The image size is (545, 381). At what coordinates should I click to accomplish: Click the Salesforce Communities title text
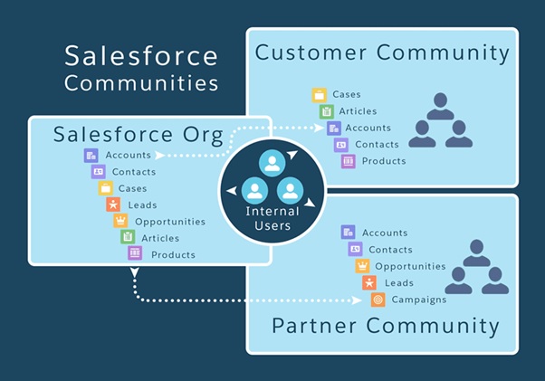tap(141, 69)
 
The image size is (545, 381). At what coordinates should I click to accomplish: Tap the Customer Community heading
tap(382, 52)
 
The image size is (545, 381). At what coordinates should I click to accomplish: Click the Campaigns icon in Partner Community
tap(378, 300)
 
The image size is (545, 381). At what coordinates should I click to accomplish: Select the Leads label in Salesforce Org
tap(142, 205)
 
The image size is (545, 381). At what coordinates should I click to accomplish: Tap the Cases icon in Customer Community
tap(320, 95)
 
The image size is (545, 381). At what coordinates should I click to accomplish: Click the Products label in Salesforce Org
tap(173, 254)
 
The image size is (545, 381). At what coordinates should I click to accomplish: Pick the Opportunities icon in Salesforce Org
tap(120, 221)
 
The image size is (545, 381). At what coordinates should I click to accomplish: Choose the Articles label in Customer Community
tap(358, 111)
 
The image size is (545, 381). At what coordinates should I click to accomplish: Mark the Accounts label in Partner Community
tap(385, 233)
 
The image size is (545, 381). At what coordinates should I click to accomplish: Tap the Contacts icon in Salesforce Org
tap(98, 171)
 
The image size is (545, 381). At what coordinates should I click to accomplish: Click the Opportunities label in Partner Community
tap(410, 266)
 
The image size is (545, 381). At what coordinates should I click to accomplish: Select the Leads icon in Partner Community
tap(370, 283)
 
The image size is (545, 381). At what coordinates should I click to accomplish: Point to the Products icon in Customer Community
tap(348, 161)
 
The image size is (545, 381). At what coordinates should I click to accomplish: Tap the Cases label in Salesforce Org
tap(132, 188)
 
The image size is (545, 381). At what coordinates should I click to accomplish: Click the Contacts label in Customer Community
tap(377, 145)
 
